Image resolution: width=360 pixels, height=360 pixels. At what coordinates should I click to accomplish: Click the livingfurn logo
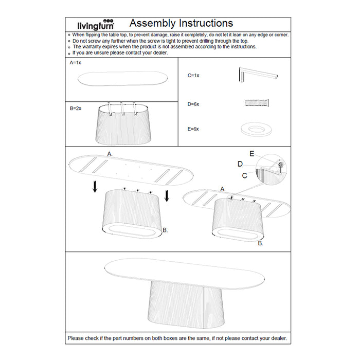(x=96, y=25)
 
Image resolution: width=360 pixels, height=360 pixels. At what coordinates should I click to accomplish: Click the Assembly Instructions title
(x=181, y=23)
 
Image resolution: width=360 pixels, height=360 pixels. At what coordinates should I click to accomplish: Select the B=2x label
(x=76, y=109)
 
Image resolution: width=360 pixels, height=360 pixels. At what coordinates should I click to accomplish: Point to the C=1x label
(x=193, y=76)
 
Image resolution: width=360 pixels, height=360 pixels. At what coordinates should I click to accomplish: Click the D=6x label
(x=193, y=104)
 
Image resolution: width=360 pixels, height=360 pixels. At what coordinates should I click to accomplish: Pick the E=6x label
(x=193, y=129)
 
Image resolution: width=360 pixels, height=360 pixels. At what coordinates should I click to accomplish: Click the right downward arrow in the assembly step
(x=167, y=196)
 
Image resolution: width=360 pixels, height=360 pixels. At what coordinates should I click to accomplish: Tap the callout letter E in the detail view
(x=251, y=154)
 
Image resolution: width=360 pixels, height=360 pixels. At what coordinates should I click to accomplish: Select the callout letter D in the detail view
(x=240, y=164)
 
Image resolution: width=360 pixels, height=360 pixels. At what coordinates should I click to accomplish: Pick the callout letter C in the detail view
(x=245, y=175)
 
